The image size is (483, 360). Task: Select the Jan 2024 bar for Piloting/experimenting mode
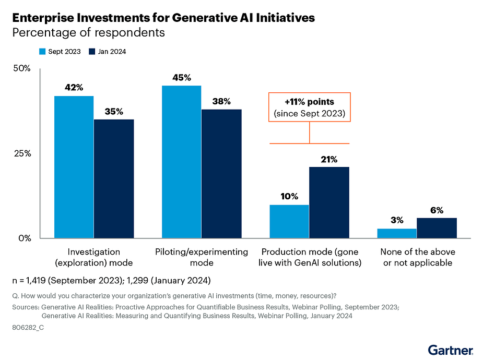pos(221,174)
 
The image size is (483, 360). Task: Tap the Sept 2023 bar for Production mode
pos(289,221)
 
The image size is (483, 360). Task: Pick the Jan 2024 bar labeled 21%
pos(329,202)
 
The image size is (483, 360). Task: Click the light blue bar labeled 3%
pos(397,233)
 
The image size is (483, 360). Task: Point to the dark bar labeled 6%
pos(437,228)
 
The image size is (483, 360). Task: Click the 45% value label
pos(181,78)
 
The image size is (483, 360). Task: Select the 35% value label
pos(113,111)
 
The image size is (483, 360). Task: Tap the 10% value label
pos(289,197)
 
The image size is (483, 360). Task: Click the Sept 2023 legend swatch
pos(43,52)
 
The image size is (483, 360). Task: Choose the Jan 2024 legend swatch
pos(92,52)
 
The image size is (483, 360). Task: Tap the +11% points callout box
pos(310,107)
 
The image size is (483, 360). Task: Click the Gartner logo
pos(451,349)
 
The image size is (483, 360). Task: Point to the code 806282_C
pos(28,330)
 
